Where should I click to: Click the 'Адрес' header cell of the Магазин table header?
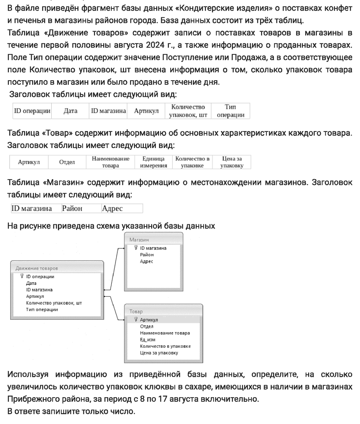point(112,208)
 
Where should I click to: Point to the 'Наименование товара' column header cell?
point(111,162)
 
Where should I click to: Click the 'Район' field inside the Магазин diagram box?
point(147,254)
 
